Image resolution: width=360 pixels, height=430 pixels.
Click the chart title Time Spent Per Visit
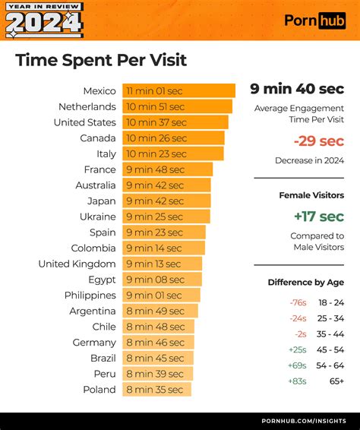pos(101,60)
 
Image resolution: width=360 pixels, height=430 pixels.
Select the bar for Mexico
pos(178,90)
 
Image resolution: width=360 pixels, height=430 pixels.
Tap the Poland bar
pos(156,390)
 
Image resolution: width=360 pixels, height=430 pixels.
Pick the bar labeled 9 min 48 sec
pos(167,169)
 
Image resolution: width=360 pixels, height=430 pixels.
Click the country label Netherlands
pos(87,106)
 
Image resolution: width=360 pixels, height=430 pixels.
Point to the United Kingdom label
pos(77,264)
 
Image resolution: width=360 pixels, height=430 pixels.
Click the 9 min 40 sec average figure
pos(297,89)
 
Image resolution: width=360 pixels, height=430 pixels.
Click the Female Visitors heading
pos(311,195)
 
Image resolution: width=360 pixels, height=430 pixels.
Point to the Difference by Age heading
pos(305,282)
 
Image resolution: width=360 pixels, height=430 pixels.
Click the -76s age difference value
pos(297,302)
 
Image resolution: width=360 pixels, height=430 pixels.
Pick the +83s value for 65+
pos(297,381)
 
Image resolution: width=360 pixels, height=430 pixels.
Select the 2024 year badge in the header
pos(44,23)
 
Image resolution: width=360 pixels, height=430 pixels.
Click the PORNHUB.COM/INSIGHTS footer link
pos(303,420)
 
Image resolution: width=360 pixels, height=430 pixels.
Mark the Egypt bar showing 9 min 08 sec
pos(162,280)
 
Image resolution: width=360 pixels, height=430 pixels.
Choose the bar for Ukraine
pos(166,217)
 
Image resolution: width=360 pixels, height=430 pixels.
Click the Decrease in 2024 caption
pos(309,160)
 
